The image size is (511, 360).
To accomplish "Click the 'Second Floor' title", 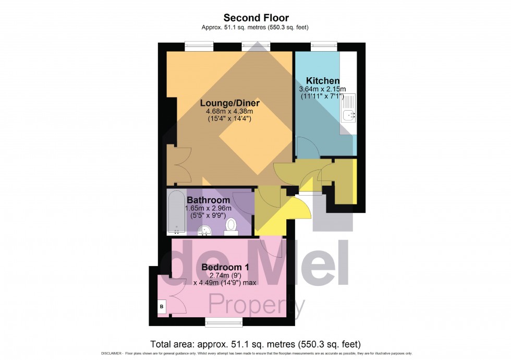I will (x=256, y=18).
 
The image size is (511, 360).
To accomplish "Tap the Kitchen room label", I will (x=323, y=81).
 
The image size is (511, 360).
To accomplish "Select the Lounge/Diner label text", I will (x=229, y=103).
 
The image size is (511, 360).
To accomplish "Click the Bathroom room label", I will (x=208, y=200).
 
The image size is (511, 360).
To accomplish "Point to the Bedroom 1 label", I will (x=225, y=267).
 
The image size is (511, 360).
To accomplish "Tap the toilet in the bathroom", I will (x=230, y=225).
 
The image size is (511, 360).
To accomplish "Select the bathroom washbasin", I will (x=206, y=229).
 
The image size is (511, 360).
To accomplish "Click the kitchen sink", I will (x=348, y=110).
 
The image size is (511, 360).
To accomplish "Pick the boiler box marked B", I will (x=162, y=307).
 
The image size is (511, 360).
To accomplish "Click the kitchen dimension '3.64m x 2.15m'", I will (x=322, y=89).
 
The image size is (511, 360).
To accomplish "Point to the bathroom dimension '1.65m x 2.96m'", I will (x=208, y=209).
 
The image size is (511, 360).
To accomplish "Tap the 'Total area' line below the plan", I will (x=256, y=344).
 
